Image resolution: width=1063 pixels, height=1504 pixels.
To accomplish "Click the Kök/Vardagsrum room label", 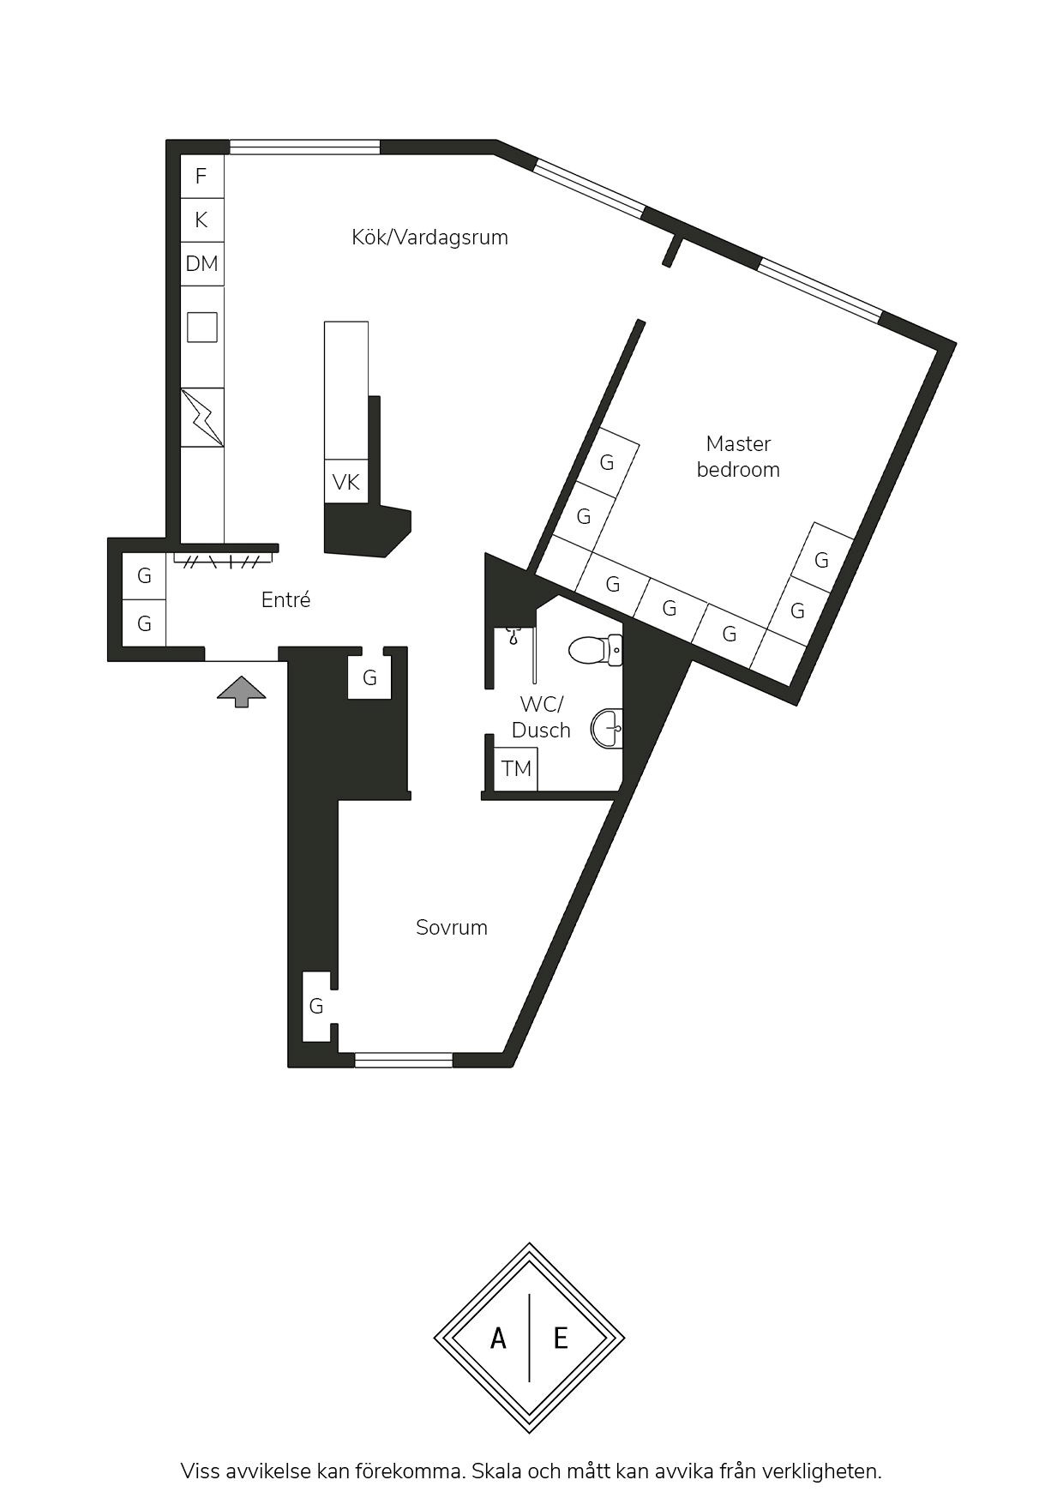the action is (429, 238).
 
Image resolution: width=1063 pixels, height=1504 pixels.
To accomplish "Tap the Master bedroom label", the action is (738, 456).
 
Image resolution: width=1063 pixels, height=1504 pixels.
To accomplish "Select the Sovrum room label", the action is (452, 927).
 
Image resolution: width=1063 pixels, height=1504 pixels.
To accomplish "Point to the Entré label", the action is (285, 599).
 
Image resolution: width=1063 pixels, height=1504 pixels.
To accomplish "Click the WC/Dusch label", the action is (541, 718).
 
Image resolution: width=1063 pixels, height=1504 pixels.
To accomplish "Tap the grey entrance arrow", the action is (242, 691).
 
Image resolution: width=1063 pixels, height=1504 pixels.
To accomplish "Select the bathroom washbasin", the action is (607, 729).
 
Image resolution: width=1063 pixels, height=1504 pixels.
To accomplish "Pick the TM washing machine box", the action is (516, 768).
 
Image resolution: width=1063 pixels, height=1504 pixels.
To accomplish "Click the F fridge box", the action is (202, 177).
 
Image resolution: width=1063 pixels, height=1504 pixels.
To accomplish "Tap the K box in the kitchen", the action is (202, 220).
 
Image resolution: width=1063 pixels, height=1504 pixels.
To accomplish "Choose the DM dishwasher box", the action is (202, 264).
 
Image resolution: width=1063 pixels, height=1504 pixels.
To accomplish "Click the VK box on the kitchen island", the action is (346, 482).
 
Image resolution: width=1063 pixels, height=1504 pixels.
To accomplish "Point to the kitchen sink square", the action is (202, 327).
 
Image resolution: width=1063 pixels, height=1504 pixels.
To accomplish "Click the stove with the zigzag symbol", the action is (202, 418).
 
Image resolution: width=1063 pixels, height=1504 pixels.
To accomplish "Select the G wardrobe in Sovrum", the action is (317, 1007).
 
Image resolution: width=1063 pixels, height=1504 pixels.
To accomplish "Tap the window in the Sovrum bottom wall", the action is (404, 1060).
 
